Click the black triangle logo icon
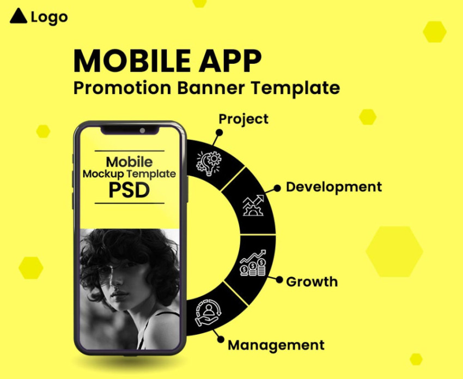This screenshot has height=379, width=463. tap(19, 16)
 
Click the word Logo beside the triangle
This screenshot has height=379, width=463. tap(50, 17)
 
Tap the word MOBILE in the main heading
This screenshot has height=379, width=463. tap(132, 61)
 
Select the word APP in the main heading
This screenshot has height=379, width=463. tap(230, 61)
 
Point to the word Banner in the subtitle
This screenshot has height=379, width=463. tap(211, 88)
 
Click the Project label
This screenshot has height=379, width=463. tap(243, 119)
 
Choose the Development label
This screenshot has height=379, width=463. tap(334, 187)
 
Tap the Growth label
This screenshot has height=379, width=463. tap(312, 282)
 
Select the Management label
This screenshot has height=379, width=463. tap(276, 345)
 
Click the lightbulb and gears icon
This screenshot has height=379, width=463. tap(209, 163)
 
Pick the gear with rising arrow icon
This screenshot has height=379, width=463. tap(253, 205)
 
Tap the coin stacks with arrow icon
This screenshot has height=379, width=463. tap(253, 262)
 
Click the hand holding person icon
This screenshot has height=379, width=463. tap(208, 313)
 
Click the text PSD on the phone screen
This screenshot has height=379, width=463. tap(129, 191)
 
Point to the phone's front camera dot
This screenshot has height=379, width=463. tap(142, 131)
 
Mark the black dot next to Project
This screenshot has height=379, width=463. tap(219, 132)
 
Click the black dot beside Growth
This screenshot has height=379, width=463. tap(279, 280)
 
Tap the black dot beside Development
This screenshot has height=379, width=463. tap(277, 188)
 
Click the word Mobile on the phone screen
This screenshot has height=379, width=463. tap(129, 162)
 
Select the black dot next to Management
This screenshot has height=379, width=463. tap(221, 339)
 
